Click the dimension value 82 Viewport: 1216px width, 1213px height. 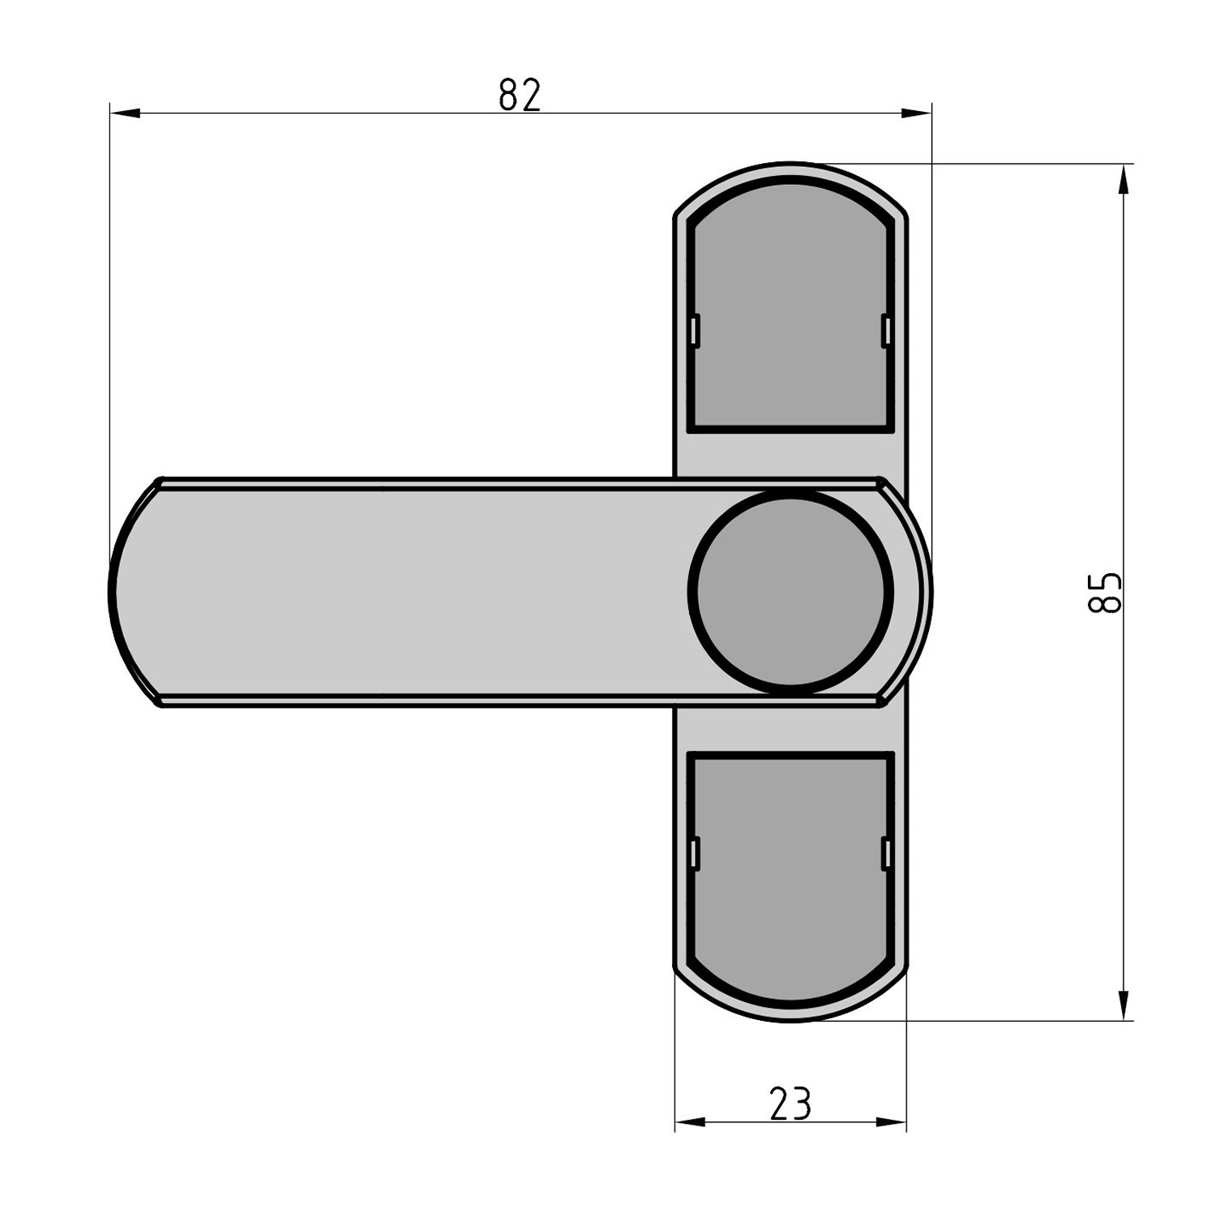coord(520,95)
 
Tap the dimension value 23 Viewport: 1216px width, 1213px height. coord(790,1104)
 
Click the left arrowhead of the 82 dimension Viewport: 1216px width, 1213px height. coord(124,114)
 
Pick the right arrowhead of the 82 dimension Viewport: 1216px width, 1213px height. coord(917,114)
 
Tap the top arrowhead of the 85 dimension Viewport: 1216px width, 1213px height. coord(1123,179)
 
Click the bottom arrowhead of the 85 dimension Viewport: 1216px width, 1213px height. coord(1123,1005)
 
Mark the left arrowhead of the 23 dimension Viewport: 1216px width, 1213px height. coord(690,1122)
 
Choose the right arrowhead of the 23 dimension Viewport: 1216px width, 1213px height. coord(892,1122)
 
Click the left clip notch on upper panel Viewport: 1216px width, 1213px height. coord(695,330)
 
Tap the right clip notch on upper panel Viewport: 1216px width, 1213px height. coord(886,330)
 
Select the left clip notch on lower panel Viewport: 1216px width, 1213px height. coord(695,854)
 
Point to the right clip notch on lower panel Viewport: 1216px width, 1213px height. coord(886,854)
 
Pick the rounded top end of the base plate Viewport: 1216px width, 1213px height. coord(790,169)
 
